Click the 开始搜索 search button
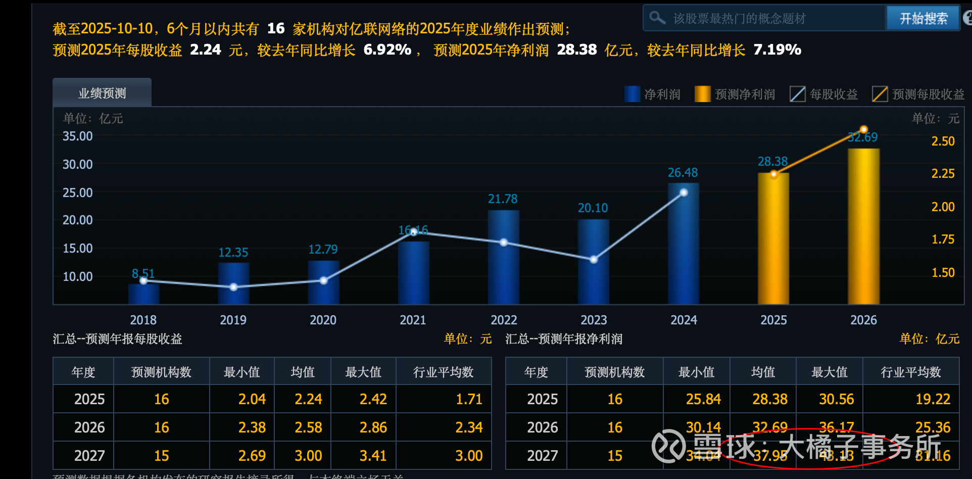click(x=923, y=19)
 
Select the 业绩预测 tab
click(x=102, y=93)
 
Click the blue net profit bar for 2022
click(x=503, y=257)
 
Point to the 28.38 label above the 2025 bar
click(x=772, y=162)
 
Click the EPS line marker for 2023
click(x=594, y=259)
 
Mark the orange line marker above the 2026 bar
click(x=864, y=130)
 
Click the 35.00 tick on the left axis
click(x=78, y=136)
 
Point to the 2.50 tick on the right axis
click(x=943, y=141)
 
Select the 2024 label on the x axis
click(x=684, y=320)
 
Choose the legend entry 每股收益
click(x=824, y=94)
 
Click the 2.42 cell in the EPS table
click(x=373, y=399)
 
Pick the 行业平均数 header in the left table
click(x=443, y=372)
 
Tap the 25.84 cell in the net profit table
click(x=703, y=399)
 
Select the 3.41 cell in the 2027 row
click(x=373, y=456)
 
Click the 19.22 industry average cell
click(x=933, y=399)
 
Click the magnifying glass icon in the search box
click(x=657, y=18)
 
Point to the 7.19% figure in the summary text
click(x=777, y=50)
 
